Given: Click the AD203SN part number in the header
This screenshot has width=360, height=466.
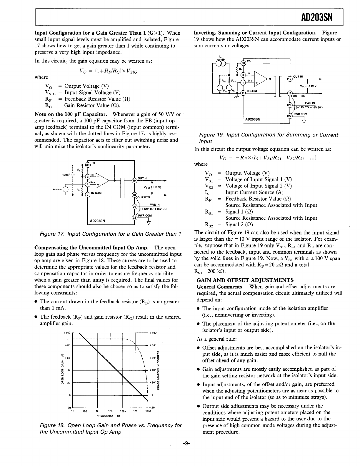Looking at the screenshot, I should [316, 18].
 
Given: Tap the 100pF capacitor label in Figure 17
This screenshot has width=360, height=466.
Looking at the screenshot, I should [66, 175].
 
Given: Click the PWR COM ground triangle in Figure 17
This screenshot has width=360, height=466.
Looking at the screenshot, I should [149, 223].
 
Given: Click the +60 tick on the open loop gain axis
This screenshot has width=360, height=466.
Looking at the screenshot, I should [67, 358].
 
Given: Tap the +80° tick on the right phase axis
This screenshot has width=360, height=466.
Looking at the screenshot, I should [153, 345].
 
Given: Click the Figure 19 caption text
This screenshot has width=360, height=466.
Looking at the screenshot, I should [268, 138].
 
